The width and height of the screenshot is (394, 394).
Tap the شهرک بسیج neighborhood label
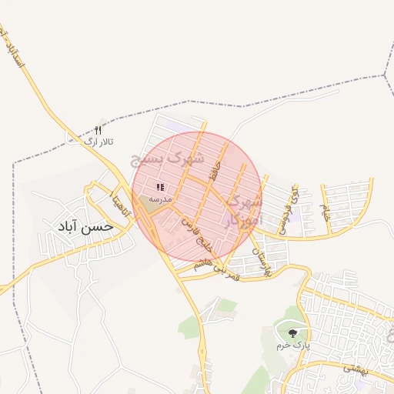coord(168,158)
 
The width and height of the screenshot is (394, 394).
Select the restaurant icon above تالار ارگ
coord(98,131)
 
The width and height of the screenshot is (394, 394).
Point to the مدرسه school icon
coord(161,187)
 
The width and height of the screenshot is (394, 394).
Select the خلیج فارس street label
coord(195,235)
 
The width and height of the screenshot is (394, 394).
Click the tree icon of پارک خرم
coord(292,332)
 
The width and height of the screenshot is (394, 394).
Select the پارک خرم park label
coord(293,345)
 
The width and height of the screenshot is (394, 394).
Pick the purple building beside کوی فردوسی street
coord(293,219)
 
